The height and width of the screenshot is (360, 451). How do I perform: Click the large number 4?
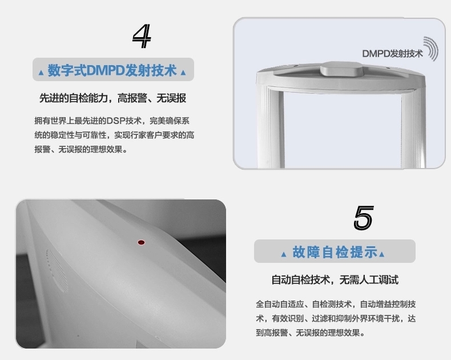tap(142, 36)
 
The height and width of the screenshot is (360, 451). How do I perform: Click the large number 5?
tap(364, 218)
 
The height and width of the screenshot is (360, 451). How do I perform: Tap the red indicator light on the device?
tap(141, 242)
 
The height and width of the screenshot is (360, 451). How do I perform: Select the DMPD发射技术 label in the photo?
tap(392, 54)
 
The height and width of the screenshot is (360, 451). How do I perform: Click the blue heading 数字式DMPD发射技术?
tap(112, 70)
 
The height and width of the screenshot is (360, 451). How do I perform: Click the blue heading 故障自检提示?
tap(335, 252)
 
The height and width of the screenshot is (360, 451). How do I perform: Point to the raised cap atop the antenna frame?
tap(341, 69)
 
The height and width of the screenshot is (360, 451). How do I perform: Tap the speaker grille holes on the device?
tap(57, 270)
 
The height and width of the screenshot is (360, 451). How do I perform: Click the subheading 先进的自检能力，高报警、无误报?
tap(113, 98)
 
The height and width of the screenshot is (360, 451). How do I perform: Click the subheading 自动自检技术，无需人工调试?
tap(335, 279)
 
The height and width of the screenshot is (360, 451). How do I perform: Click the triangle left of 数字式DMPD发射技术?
tap(41, 73)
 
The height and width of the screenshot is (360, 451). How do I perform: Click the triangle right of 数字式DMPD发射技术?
tap(183, 73)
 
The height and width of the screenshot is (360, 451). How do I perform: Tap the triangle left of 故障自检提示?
tap(284, 254)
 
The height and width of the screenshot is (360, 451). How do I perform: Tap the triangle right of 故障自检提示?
tap(382, 254)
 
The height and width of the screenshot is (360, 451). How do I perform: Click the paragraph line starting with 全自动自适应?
tap(336, 304)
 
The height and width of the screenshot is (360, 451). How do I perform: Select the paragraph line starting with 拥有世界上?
tap(112, 121)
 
